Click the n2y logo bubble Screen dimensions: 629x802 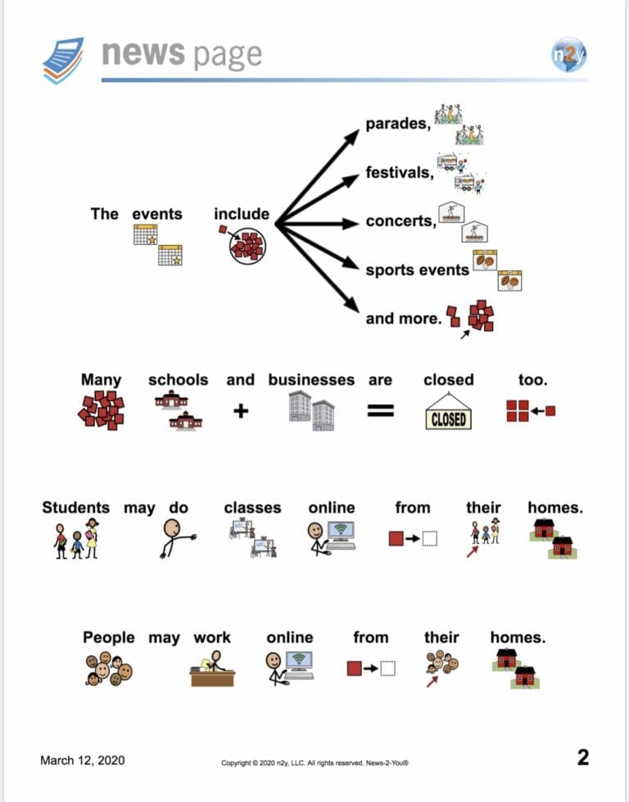[x=568, y=54]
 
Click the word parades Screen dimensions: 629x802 [x=398, y=124]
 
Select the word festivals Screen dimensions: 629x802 [x=400, y=172]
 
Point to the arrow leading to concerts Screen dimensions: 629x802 [x=317, y=224]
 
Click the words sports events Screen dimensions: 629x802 [x=418, y=270]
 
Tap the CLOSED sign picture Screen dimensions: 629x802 [x=449, y=411]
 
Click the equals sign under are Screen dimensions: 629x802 [x=381, y=410]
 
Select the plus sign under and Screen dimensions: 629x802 [x=240, y=410]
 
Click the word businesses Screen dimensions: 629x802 [x=311, y=380]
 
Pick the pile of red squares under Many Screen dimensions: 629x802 [x=102, y=410]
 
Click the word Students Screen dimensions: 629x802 [x=75, y=507]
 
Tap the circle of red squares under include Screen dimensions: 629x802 [x=247, y=246]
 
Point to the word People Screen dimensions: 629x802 [x=108, y=637]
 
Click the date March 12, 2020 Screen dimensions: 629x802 [x=83, y=760]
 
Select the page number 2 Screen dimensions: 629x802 [x=583, y=758]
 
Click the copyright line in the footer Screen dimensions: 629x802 [x=314, y=763]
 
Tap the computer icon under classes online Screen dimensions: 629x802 [x=332, y=538]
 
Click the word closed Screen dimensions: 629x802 [x=449, y=380]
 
